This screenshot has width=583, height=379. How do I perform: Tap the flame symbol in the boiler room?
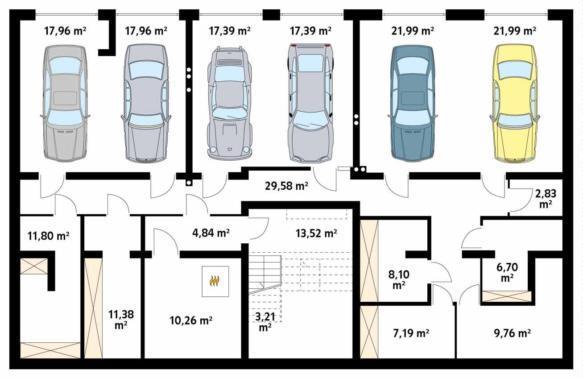pyautogui.click(x=215, y=281)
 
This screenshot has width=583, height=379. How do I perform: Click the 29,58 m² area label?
pyautogui.click(x=286, y=186)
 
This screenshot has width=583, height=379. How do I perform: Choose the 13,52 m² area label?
pyautogui.click(x=316, y=233)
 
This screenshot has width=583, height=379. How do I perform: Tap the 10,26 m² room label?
pyautogui.click(x=191, y=321)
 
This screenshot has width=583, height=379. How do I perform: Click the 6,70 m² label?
pyautogui.click(x=506, y=272)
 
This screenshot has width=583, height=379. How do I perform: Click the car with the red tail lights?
pyautogui.click(x=310, y=103)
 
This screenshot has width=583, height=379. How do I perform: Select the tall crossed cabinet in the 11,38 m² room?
pyautogui.click(x=93, y=308)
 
